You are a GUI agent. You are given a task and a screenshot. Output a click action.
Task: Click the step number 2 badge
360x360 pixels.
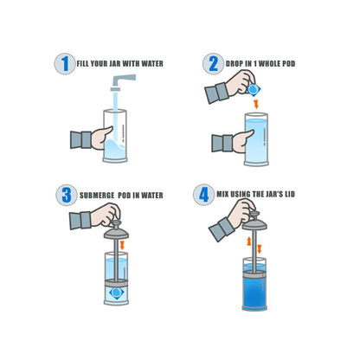click(x=213, y=63)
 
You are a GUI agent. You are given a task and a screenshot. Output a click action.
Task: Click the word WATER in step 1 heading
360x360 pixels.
click(x=149, y=64)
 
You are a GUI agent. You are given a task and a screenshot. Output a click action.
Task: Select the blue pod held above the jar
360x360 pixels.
click(x=254, y=89)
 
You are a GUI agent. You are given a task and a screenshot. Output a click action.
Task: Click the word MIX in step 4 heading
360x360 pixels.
click(x=224, y=195)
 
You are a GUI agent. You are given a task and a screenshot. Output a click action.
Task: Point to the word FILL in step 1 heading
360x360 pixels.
click(x=84, y=64)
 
